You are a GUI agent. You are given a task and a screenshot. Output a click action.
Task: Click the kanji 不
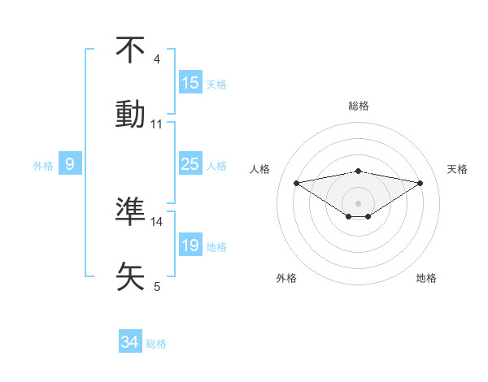[x=130, y=49]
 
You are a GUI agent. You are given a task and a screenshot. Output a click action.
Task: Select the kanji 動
[x=130, y=113]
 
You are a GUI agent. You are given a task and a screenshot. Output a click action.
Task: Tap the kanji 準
[x=130, y=211]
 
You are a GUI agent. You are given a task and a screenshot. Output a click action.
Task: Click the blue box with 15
[x=190, y=83]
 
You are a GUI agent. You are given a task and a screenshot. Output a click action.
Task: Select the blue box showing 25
[x=190, y=165]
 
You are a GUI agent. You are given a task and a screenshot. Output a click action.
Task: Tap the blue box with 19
[x=190, y=245]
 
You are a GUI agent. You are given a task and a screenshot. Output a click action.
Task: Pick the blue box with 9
[x=70, y=165]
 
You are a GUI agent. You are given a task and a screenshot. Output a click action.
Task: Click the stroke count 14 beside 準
[x=157, y=221]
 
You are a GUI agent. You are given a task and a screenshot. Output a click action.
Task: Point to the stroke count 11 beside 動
[x=157, y=124]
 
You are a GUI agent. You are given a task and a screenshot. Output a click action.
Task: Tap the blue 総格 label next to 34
[x=156, y=344]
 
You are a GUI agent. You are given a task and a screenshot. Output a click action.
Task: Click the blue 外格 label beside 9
[x=43, y=166]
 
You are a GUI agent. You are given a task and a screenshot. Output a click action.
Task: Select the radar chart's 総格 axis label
[x=359, y=106]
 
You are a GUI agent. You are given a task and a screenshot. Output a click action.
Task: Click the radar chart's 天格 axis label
[x=458, y=169]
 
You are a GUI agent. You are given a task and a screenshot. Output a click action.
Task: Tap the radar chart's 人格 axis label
[x=260, y=169]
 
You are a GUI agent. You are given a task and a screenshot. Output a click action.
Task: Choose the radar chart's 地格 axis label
[x=426, y=278]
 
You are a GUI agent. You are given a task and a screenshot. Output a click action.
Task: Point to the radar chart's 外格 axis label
[x=286, y=278]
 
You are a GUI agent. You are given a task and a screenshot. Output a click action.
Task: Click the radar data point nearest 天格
[x=420, y=183]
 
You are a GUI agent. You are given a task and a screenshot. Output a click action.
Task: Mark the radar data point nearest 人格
[x=296, y=183]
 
